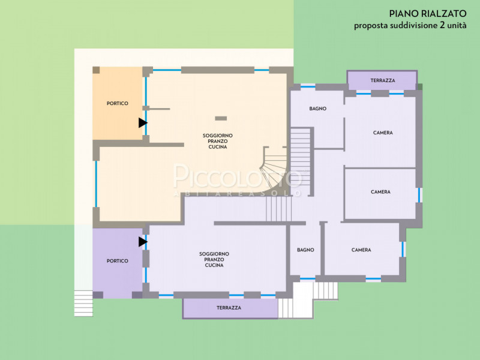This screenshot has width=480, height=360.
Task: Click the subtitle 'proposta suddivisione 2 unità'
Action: [x=410, y=25]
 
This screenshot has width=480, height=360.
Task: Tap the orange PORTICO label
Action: [x=118, y=104]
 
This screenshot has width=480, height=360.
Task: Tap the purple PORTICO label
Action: [x=118, y=261]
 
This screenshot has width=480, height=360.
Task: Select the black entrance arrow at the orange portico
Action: [x=142, y=122]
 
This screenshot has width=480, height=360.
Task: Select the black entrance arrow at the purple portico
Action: [x=142, y=242]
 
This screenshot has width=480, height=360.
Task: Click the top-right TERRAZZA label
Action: [x=382, y=80]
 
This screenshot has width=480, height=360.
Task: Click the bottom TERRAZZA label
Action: [x=229, y=308]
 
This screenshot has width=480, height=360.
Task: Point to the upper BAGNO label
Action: [x=317, y=109]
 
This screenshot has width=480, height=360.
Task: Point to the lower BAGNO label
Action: [x=305, y=250]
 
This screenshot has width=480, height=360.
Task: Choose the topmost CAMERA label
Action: [x=382, y=133]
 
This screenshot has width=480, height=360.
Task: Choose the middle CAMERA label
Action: [x=380, y=192]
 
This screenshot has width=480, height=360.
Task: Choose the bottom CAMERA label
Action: [x=361, y=250]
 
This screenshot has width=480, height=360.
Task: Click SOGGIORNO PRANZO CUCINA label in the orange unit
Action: [x=217, y=142]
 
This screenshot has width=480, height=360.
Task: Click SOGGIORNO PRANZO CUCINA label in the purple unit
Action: [x=214, y=259]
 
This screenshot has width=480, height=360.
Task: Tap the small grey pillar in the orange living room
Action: [x=221, y=118]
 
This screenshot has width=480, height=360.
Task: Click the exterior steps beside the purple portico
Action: [x=83, y=302]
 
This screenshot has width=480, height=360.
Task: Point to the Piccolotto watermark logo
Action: [x=238, y=179]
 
